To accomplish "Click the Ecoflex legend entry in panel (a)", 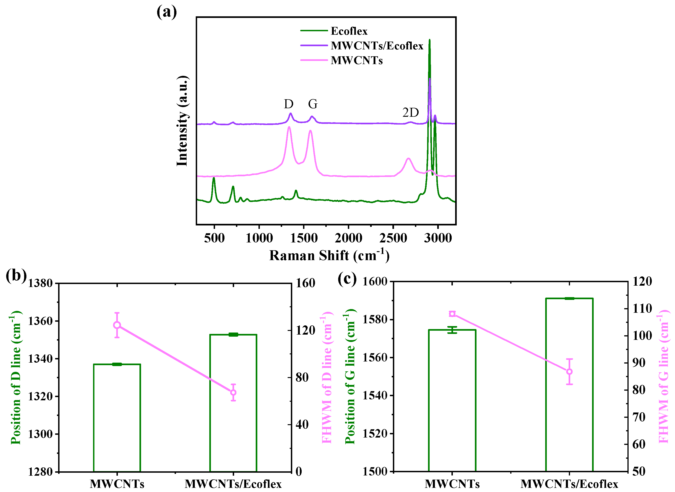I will [349, 31].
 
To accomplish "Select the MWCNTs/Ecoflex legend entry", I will [377, 46].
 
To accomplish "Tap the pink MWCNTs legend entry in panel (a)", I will [356, 60].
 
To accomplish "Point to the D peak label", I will [289, 104].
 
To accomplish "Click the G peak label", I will [313, 104].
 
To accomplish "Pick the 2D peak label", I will [411, 113].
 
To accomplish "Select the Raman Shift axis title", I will [329, 256].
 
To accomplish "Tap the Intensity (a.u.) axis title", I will [182, 121].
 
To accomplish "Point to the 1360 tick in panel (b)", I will [40, 321].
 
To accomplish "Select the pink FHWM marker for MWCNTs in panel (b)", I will [117, 325].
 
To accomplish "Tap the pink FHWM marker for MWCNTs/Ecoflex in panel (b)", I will [233, 392].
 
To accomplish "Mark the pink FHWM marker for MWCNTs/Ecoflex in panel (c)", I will [569, 372].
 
